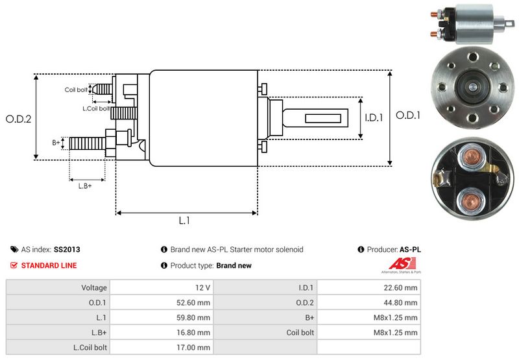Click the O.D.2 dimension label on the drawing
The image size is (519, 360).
pos(18,119)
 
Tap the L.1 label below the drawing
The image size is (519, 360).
pos(184,221)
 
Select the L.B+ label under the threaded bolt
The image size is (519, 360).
pos(85,186)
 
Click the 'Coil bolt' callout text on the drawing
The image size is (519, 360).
pos(76,90)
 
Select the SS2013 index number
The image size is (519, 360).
pos(67,249)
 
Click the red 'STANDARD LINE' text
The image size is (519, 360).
pos(49,265)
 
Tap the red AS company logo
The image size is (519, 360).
pos(396,264)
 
